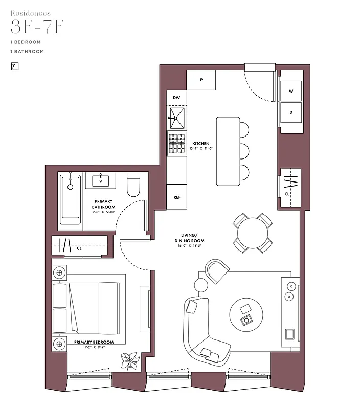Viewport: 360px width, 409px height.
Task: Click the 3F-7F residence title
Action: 37,27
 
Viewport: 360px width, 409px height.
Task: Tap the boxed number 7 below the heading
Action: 14,66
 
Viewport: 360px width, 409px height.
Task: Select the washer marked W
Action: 291,91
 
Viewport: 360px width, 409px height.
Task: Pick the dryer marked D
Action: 291,112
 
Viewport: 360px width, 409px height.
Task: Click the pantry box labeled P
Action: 201,80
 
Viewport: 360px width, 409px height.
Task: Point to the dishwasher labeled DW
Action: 176,97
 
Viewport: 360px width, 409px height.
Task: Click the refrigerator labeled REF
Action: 177,197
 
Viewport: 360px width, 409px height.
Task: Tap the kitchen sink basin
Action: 177,118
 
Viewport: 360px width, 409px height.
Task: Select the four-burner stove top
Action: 177,143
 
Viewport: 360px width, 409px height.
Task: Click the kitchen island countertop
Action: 228,151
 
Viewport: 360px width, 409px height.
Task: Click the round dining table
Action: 252,233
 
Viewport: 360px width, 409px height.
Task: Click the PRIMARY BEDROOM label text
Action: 94,342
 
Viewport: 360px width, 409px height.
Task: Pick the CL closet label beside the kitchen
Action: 287,194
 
